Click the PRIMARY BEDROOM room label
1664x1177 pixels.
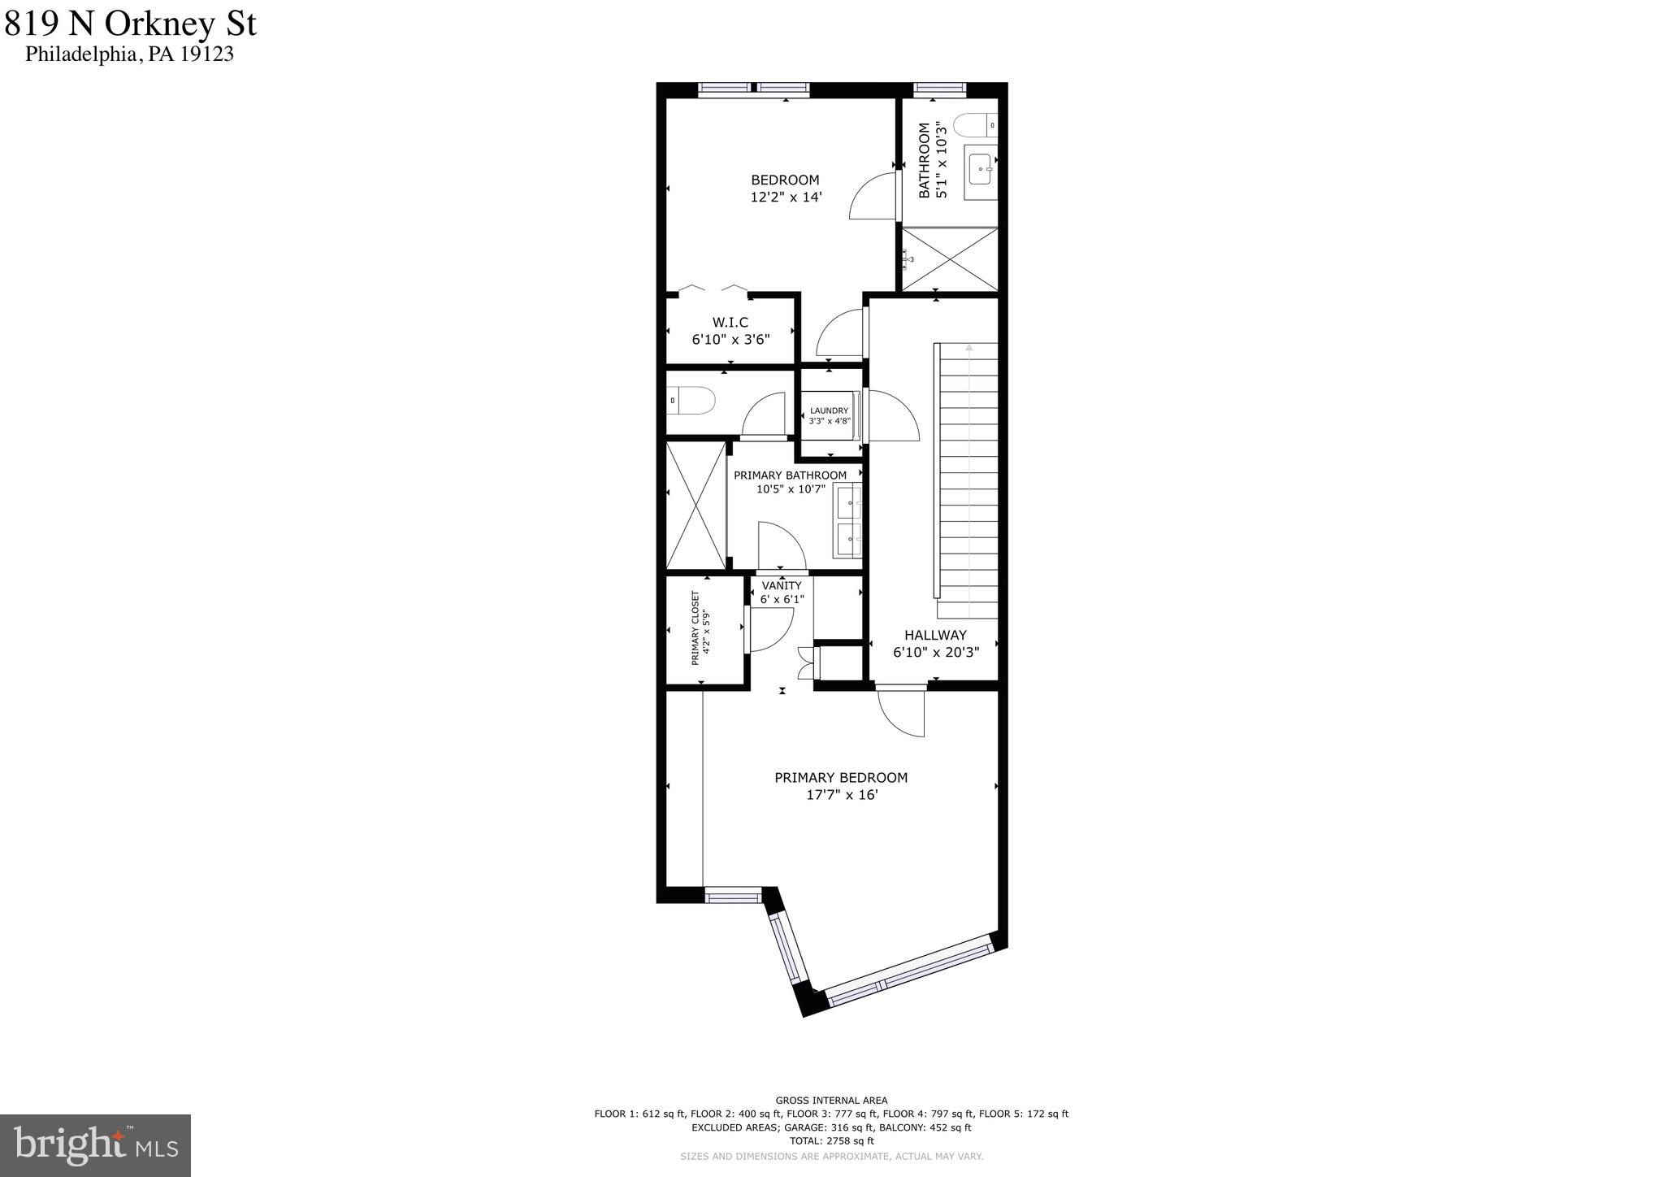click(x=841, y=778)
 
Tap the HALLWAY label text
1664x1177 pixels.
click(x=935, y=636)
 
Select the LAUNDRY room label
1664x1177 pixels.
click(x=829, y=411)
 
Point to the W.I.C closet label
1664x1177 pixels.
click(x=730, y=323)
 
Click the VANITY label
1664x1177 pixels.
click(x=782, y=586)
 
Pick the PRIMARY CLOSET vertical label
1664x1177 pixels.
click(x=695, y=628)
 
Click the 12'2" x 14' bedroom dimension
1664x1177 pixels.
click(x=786, y=197)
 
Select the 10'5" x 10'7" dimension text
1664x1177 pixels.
click(x=791, y=489)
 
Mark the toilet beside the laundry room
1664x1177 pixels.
click(x=691, y=400)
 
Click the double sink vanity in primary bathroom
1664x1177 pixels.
click(x=848, y=520)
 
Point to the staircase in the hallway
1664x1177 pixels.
click(x=968, y=480)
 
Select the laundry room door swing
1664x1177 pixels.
click(x=892, y=416)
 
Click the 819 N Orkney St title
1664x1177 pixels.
click(x=130, y=24)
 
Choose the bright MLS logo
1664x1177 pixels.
click(x=95, y=1145)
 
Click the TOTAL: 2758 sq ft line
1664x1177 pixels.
click(x=831, y=1141)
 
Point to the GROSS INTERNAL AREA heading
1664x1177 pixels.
click(x=831, y=1101)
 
